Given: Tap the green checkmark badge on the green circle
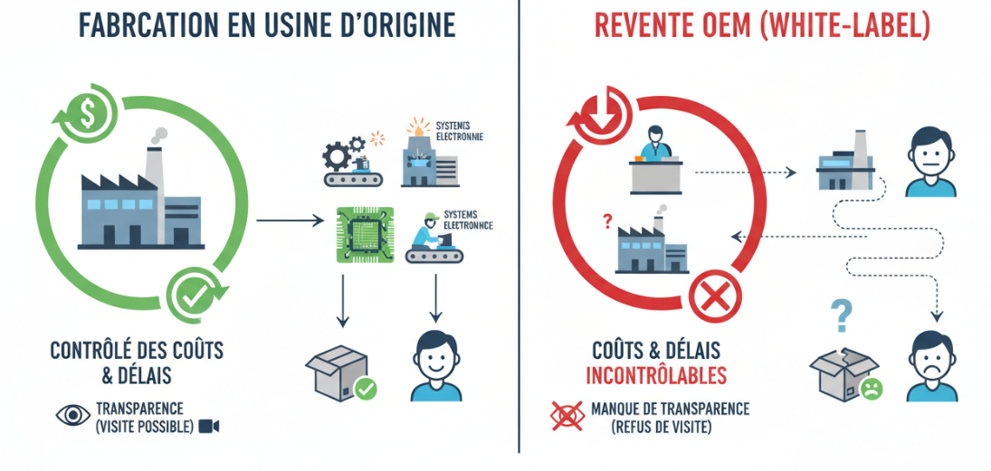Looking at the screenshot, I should coord(192,291).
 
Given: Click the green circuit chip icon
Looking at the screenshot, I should coord(358,234).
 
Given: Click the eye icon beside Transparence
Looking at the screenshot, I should coord(72,416).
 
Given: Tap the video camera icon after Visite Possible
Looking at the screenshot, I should coord(210,426).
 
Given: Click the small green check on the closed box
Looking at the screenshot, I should coord(366,389).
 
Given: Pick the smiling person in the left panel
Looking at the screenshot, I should coord(435,364).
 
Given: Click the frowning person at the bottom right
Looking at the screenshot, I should coord(931,365).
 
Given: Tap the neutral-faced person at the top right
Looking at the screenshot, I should coord(929,161).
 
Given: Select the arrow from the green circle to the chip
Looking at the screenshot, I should coord(290,220).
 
